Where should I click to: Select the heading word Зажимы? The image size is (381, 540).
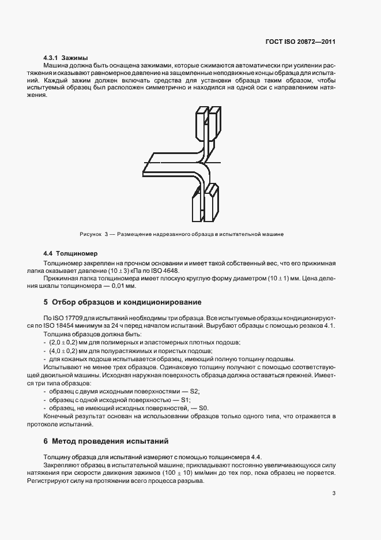pyautogui.click(x=74, y=58)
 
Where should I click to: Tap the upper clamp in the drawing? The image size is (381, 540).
pyautogui.click(x=208, y=124)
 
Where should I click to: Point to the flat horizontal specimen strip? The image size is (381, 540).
pyautogui.click(x=167, y=166)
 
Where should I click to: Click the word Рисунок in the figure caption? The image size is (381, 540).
pyautogui.click(x=90, y=234)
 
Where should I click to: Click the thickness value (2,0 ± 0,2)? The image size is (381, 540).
pyautogui.click(x=63, y=343)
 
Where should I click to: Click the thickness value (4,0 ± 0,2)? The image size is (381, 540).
pyautogui.click(x=63, y=351)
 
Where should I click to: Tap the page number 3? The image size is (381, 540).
pyautogui.click(x=334, y=493)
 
